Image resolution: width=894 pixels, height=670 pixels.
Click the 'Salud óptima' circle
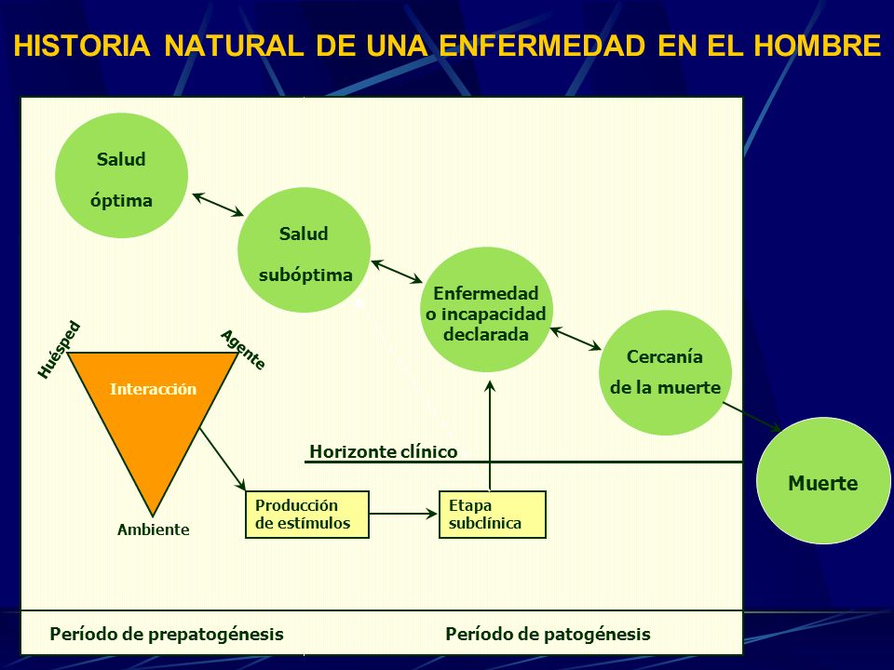[121, 176]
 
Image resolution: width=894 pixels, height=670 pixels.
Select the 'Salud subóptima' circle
[304, 250]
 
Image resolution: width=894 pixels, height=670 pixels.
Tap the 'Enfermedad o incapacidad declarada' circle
[486, 310]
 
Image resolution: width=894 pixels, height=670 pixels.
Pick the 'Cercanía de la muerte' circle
[665, 372]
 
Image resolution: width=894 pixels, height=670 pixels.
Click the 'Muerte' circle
[823, 481]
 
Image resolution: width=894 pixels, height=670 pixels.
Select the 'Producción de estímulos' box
[307, 515]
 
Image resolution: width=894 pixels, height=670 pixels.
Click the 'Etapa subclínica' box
[493, 515]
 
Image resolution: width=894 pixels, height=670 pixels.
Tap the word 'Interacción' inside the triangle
[153, 389]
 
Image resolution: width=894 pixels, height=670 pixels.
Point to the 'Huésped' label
[59, 350]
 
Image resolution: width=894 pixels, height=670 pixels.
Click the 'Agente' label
[243, 349]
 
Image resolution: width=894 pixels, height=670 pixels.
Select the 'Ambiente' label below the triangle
[154, 529]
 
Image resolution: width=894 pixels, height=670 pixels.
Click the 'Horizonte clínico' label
[383, 452]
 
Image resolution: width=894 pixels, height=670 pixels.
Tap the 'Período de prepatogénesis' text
[167, 634]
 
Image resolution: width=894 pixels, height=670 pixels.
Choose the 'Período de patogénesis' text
[548, 634]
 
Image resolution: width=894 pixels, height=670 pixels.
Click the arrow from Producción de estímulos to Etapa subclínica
[403, 514]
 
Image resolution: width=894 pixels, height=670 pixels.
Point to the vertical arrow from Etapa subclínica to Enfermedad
[490, 435]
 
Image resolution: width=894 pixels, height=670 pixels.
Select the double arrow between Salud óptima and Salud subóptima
[218, 205]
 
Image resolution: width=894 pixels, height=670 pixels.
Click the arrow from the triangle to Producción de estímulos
[223, 459]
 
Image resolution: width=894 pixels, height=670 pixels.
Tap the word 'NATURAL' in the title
[234, 46]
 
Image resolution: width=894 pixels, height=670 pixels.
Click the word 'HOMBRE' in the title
[818, 46]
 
